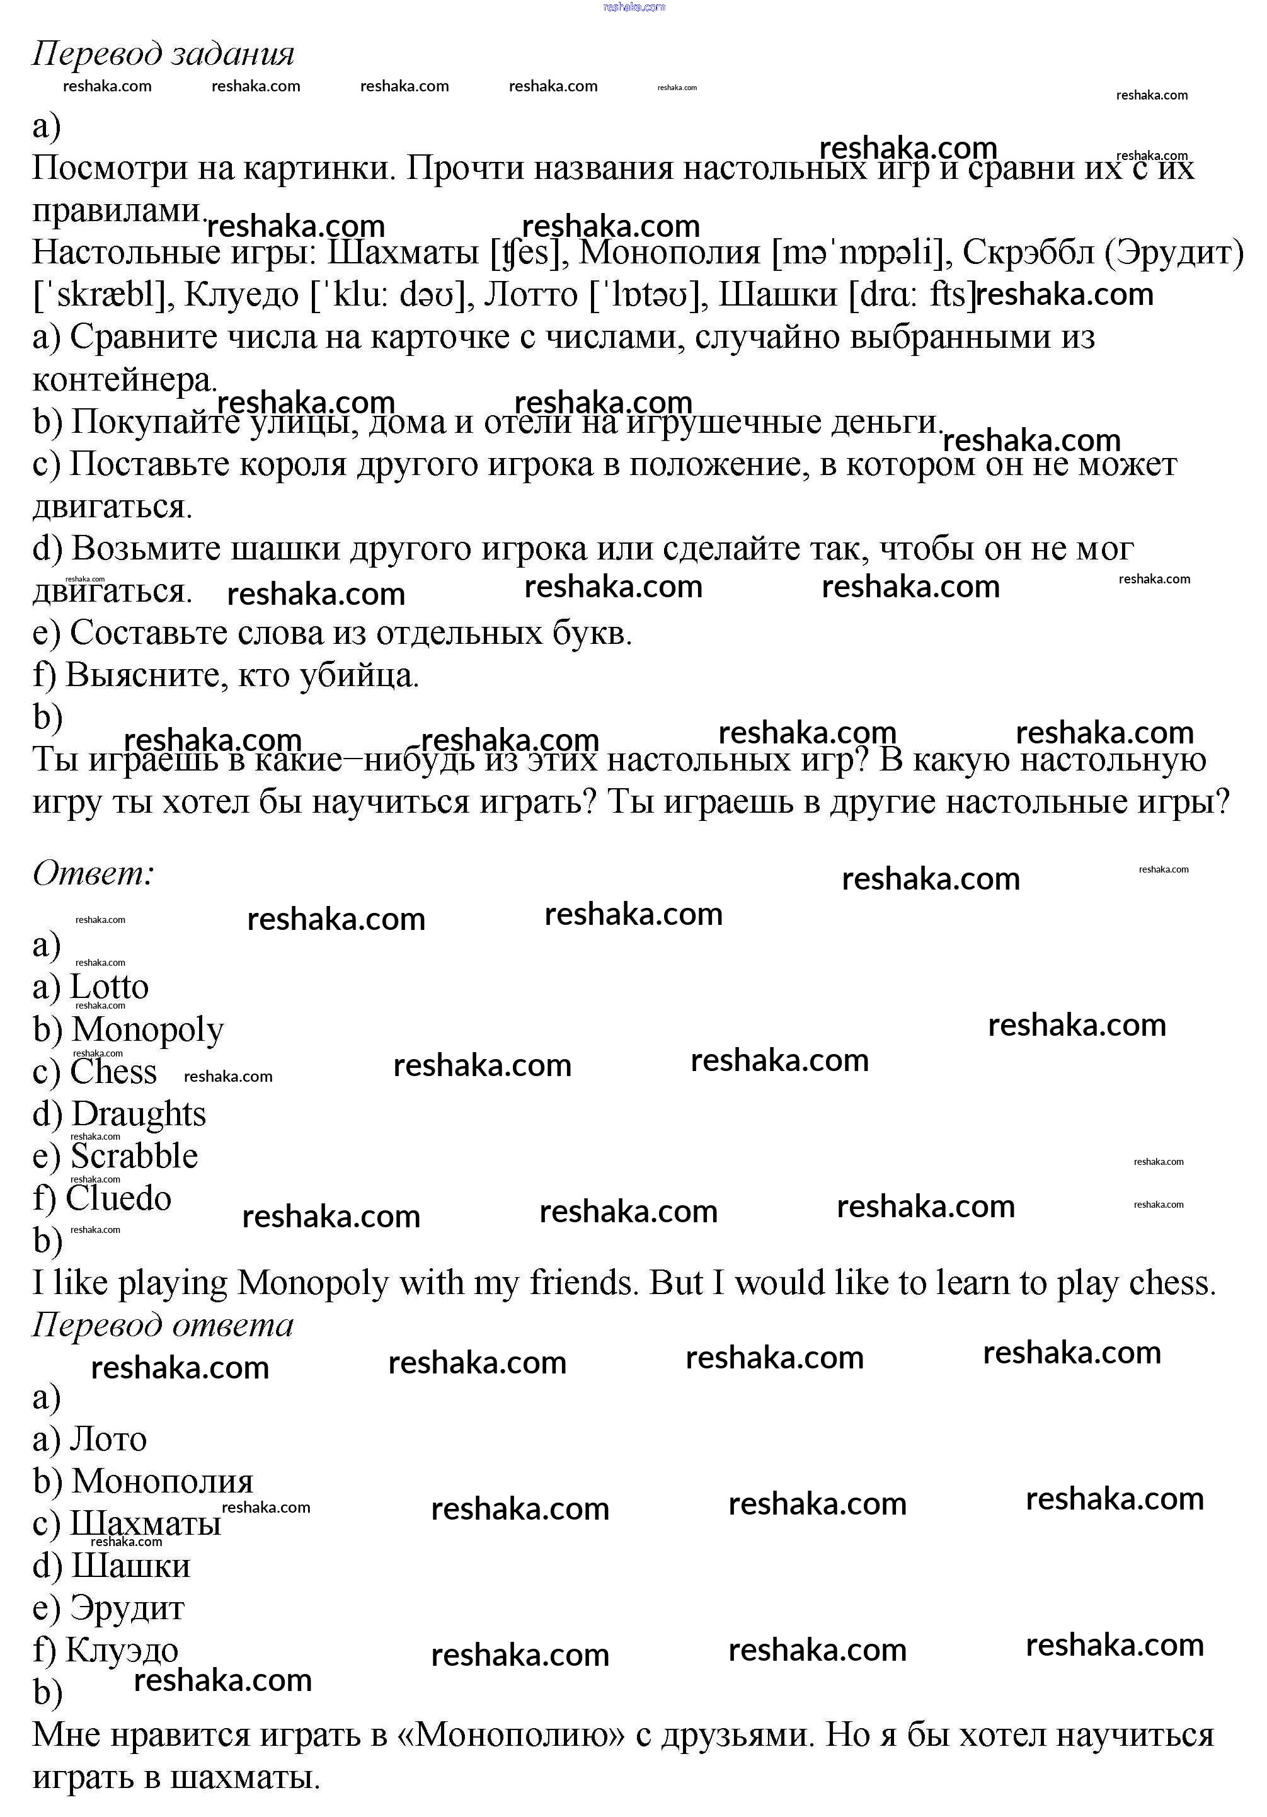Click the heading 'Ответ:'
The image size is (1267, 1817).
(93, 874)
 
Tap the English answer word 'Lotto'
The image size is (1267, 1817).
(109, 987)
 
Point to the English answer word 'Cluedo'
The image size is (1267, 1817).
(118, 1199)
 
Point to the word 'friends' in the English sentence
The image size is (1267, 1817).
(583, 1283)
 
